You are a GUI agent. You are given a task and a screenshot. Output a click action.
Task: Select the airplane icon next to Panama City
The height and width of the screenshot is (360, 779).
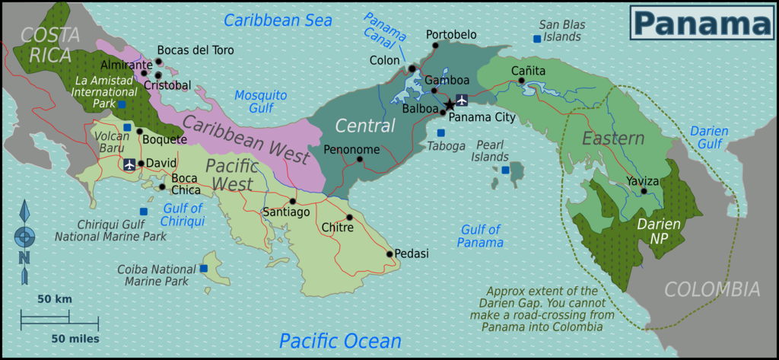[462, 102]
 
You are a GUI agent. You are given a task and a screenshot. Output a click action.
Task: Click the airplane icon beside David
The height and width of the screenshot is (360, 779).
[129, 164]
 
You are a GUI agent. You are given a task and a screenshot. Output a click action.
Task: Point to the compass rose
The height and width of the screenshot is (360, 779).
[24, 235]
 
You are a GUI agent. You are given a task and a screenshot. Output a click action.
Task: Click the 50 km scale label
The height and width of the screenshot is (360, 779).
[54, 299]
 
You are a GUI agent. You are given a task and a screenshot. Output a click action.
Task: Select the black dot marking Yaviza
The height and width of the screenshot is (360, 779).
[644, 191]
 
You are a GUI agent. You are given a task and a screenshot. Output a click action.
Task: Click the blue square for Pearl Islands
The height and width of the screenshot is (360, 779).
[505, 170]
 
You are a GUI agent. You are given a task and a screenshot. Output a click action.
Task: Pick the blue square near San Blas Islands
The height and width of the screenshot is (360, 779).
[537, 38]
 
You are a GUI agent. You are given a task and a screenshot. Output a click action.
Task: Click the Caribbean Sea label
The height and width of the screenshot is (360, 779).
[278, 21]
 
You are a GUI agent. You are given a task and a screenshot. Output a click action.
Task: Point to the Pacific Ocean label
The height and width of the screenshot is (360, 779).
[339, 340]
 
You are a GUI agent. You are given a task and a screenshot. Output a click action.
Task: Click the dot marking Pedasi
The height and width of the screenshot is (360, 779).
[389, 254]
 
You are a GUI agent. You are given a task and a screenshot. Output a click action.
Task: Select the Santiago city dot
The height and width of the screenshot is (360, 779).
[292, 202]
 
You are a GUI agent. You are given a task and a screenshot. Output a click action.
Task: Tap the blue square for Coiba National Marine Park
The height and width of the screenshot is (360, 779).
[203, 269]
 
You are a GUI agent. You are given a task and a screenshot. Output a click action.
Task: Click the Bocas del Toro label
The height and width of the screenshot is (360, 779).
[196, 50]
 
